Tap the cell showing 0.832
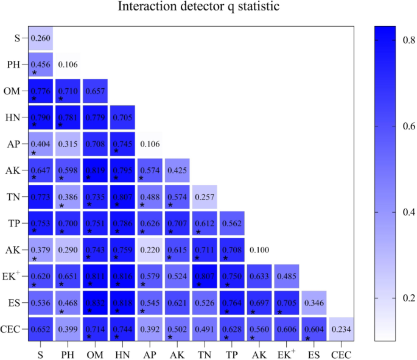94,303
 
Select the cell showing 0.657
94,91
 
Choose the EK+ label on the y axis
12,276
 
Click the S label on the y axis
17,39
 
